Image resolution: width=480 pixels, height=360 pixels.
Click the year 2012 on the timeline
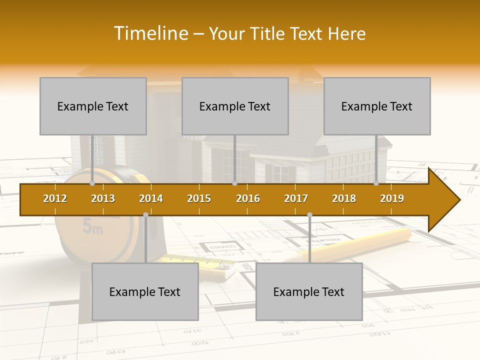tap(55, 198)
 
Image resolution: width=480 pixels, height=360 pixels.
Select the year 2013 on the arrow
tap(103, 198)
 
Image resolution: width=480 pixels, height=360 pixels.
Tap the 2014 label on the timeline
tap(151, 198)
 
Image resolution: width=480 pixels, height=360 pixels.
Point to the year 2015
tap(199, 198)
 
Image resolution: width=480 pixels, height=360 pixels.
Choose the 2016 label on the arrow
tap(248, 198)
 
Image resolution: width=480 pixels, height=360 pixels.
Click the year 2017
tap(296, 198)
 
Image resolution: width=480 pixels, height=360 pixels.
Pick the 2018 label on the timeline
tap(344, 198)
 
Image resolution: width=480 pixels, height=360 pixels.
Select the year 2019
tap(392, 198)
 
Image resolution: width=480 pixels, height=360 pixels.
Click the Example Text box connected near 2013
tap(93, 106)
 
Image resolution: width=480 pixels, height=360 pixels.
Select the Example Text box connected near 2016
tap(235, 106)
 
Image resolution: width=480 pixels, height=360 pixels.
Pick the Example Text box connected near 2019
tap(377, 106)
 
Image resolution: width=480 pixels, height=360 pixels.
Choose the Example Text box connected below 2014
tap(145, 291)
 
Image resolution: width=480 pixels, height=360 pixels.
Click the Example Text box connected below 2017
tap(309, 291)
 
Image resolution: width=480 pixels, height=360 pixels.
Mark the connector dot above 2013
tap(92, 183)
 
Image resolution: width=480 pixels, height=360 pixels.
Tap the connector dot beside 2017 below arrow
tap(309, 214)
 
